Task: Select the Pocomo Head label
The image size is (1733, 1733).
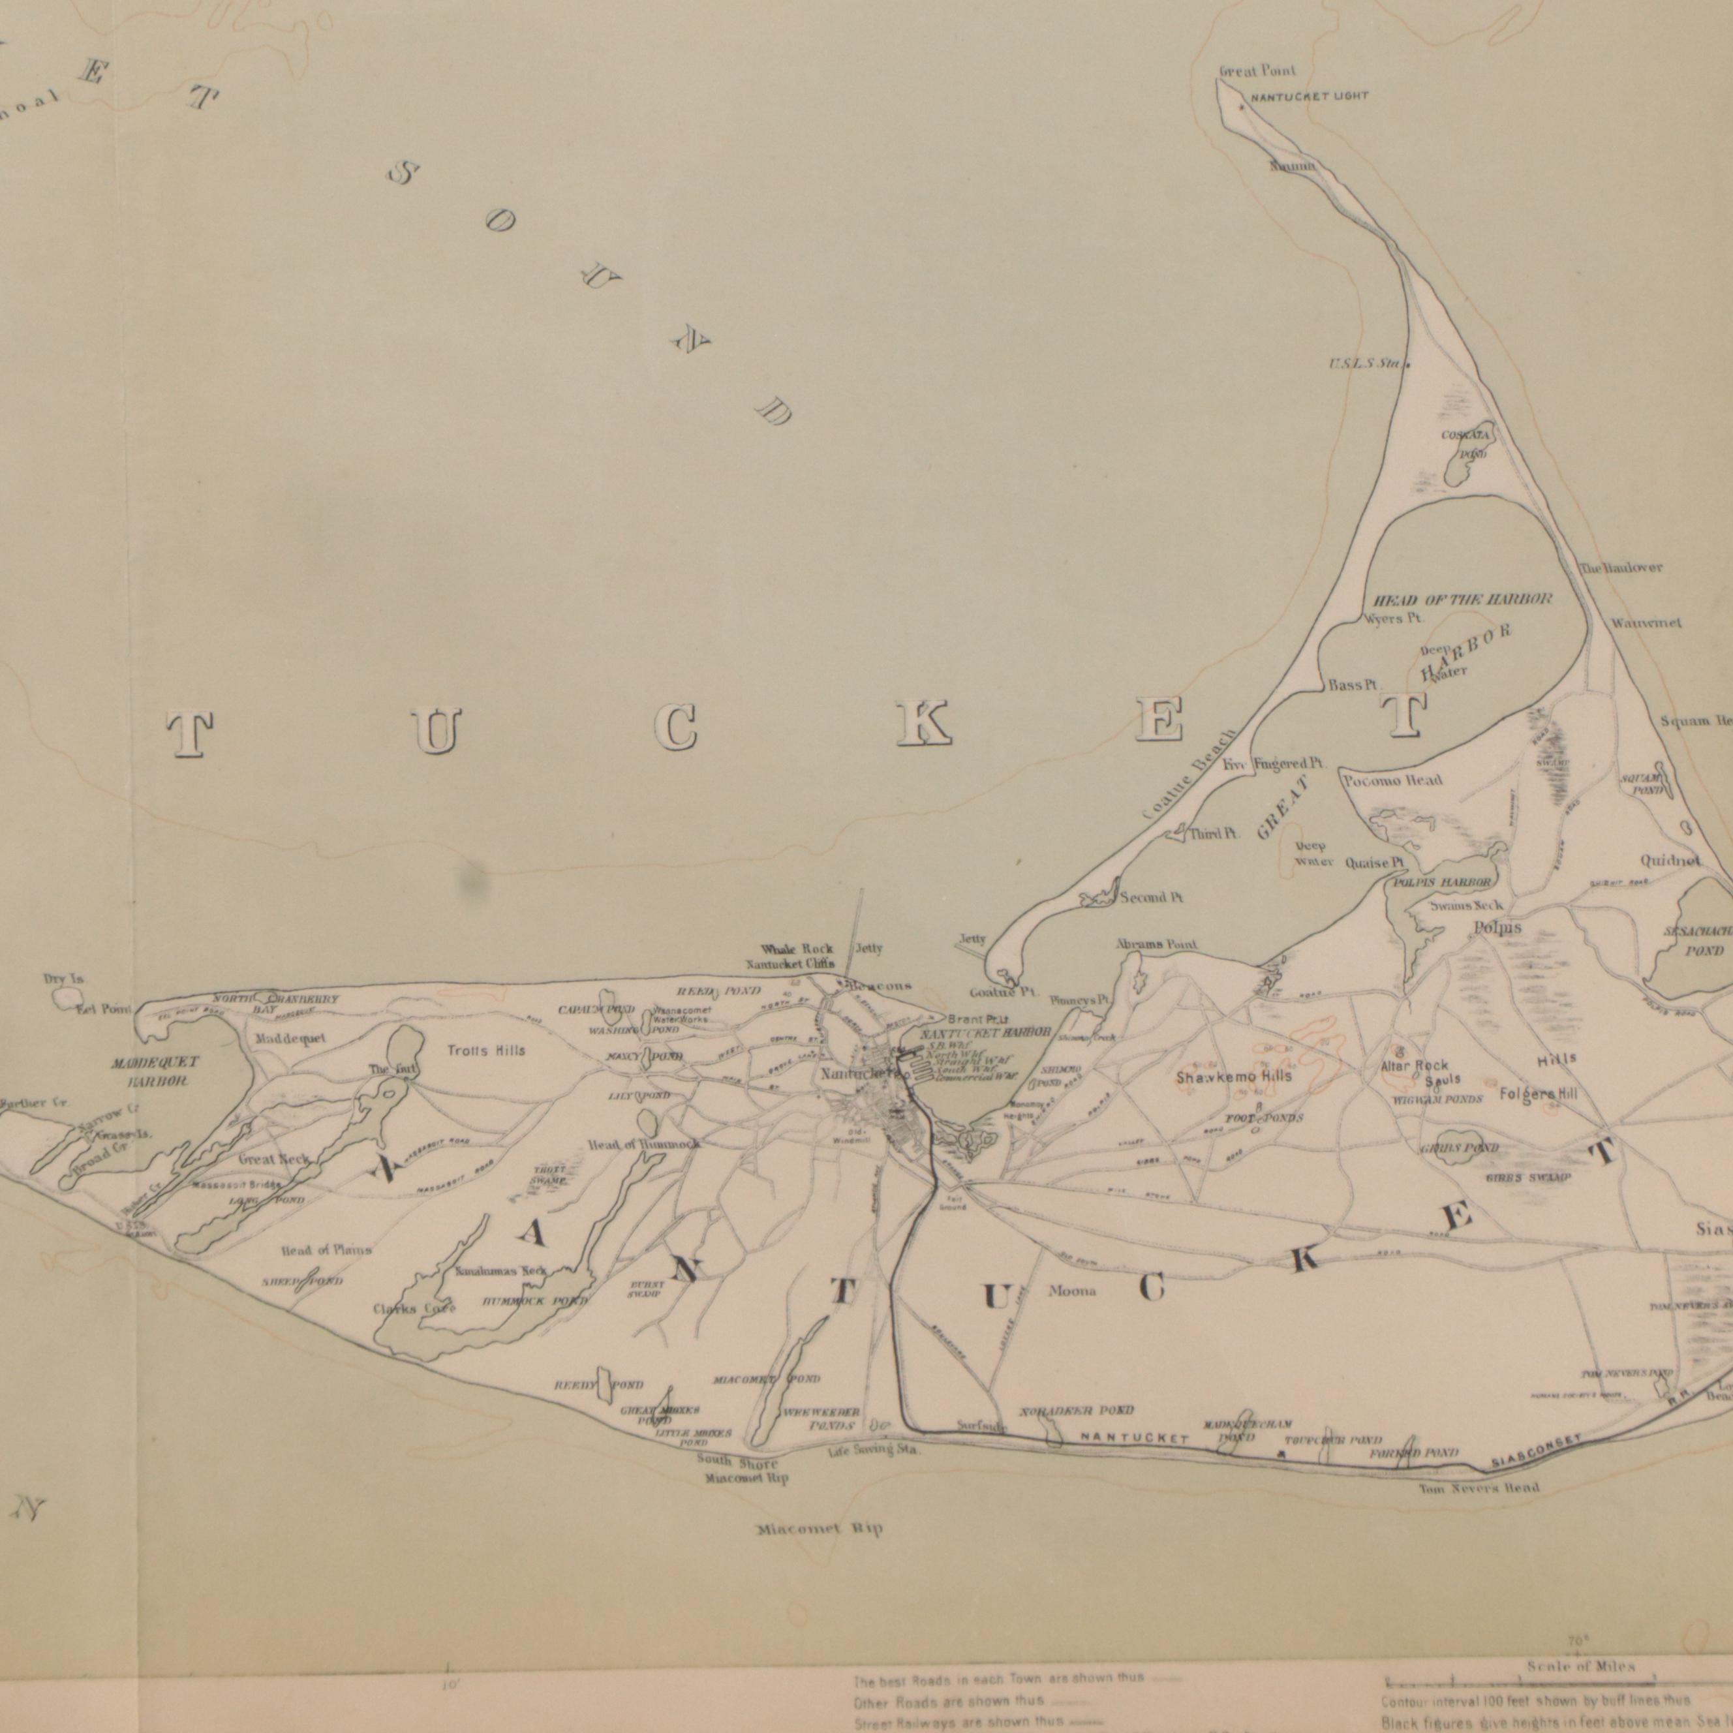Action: pos(1392,780)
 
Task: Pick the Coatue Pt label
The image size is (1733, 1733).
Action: pos(1003,993)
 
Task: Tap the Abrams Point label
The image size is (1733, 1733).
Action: pos(1156,945)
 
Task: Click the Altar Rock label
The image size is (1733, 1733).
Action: pos(1415,1066)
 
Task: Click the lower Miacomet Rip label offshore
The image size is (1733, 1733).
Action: pos(818,1529)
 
